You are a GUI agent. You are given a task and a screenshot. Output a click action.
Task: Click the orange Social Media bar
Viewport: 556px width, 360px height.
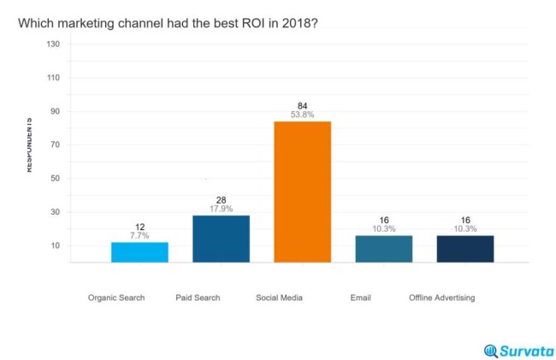tap(302, 192)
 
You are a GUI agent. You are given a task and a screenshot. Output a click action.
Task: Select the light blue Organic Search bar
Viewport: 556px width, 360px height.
tap(139, 252)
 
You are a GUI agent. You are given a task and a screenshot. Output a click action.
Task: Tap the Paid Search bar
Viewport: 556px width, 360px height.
tap(221, 239)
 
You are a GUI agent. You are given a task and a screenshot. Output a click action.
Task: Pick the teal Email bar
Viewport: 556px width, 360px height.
tap(383, 249)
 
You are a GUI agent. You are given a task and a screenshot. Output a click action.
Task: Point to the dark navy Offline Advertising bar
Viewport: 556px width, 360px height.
tap(464, 249)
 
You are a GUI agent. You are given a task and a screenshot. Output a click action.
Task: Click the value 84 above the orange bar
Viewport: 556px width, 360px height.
tap(302, 105)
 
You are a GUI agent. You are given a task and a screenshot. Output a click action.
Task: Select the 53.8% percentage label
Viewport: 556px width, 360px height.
tap(302, 115)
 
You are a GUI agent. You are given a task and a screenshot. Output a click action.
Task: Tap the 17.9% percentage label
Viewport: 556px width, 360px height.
tap(221, 209)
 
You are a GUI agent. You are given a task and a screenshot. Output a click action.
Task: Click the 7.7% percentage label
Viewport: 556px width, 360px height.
tap(139, 236)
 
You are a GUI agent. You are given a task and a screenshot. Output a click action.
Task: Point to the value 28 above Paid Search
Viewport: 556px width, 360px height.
tap(221, 199)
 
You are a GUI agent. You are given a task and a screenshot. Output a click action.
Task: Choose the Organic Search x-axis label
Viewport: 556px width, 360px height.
tap(116, 298)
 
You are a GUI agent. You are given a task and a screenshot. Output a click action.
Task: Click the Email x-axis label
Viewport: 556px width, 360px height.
tap(360, 298)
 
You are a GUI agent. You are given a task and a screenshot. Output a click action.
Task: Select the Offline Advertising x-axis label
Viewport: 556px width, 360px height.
tap(441, 298)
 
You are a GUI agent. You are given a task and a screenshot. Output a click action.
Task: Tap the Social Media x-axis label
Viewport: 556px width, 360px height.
tap(279, 298)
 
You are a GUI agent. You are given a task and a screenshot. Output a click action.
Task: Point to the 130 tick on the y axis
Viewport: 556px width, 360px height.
tap(53, 44)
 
